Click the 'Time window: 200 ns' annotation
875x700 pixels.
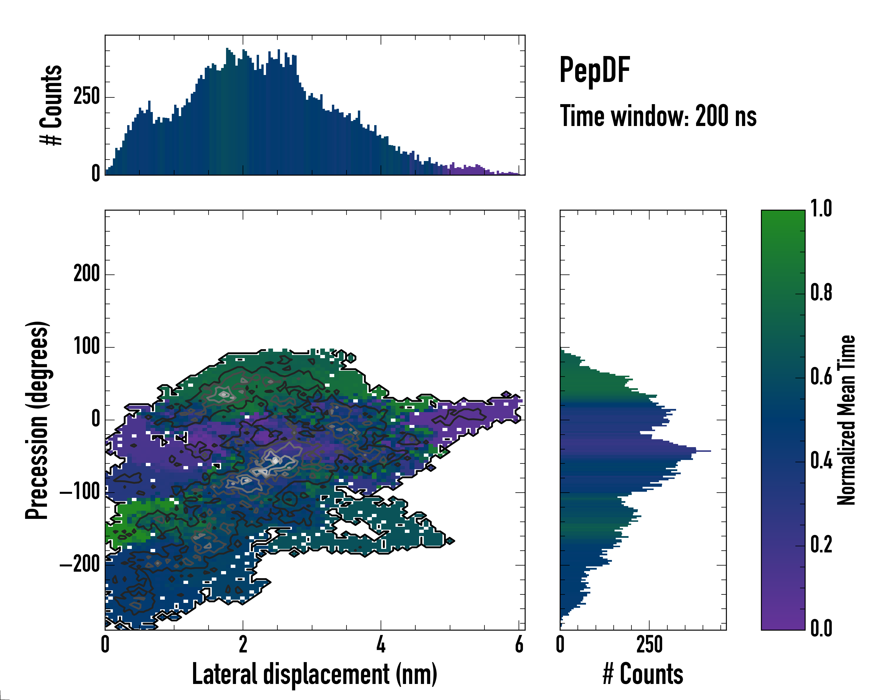coord(658,116)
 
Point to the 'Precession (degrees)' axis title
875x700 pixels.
coord(37,420)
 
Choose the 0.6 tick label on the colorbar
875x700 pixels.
coord(821,377)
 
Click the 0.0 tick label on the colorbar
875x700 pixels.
coord(821,629)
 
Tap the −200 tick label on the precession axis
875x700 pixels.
coord(80,564)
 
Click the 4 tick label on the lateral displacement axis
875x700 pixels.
coord(381,645)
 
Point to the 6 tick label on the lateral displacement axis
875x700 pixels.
coord(519,645)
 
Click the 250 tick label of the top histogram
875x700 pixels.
coord(86,97)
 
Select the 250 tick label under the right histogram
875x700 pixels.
coord(649,645)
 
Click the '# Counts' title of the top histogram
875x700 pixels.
coord(52,105)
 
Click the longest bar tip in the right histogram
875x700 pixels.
coord(710,451)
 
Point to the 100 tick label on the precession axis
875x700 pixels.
coord(86,347)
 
